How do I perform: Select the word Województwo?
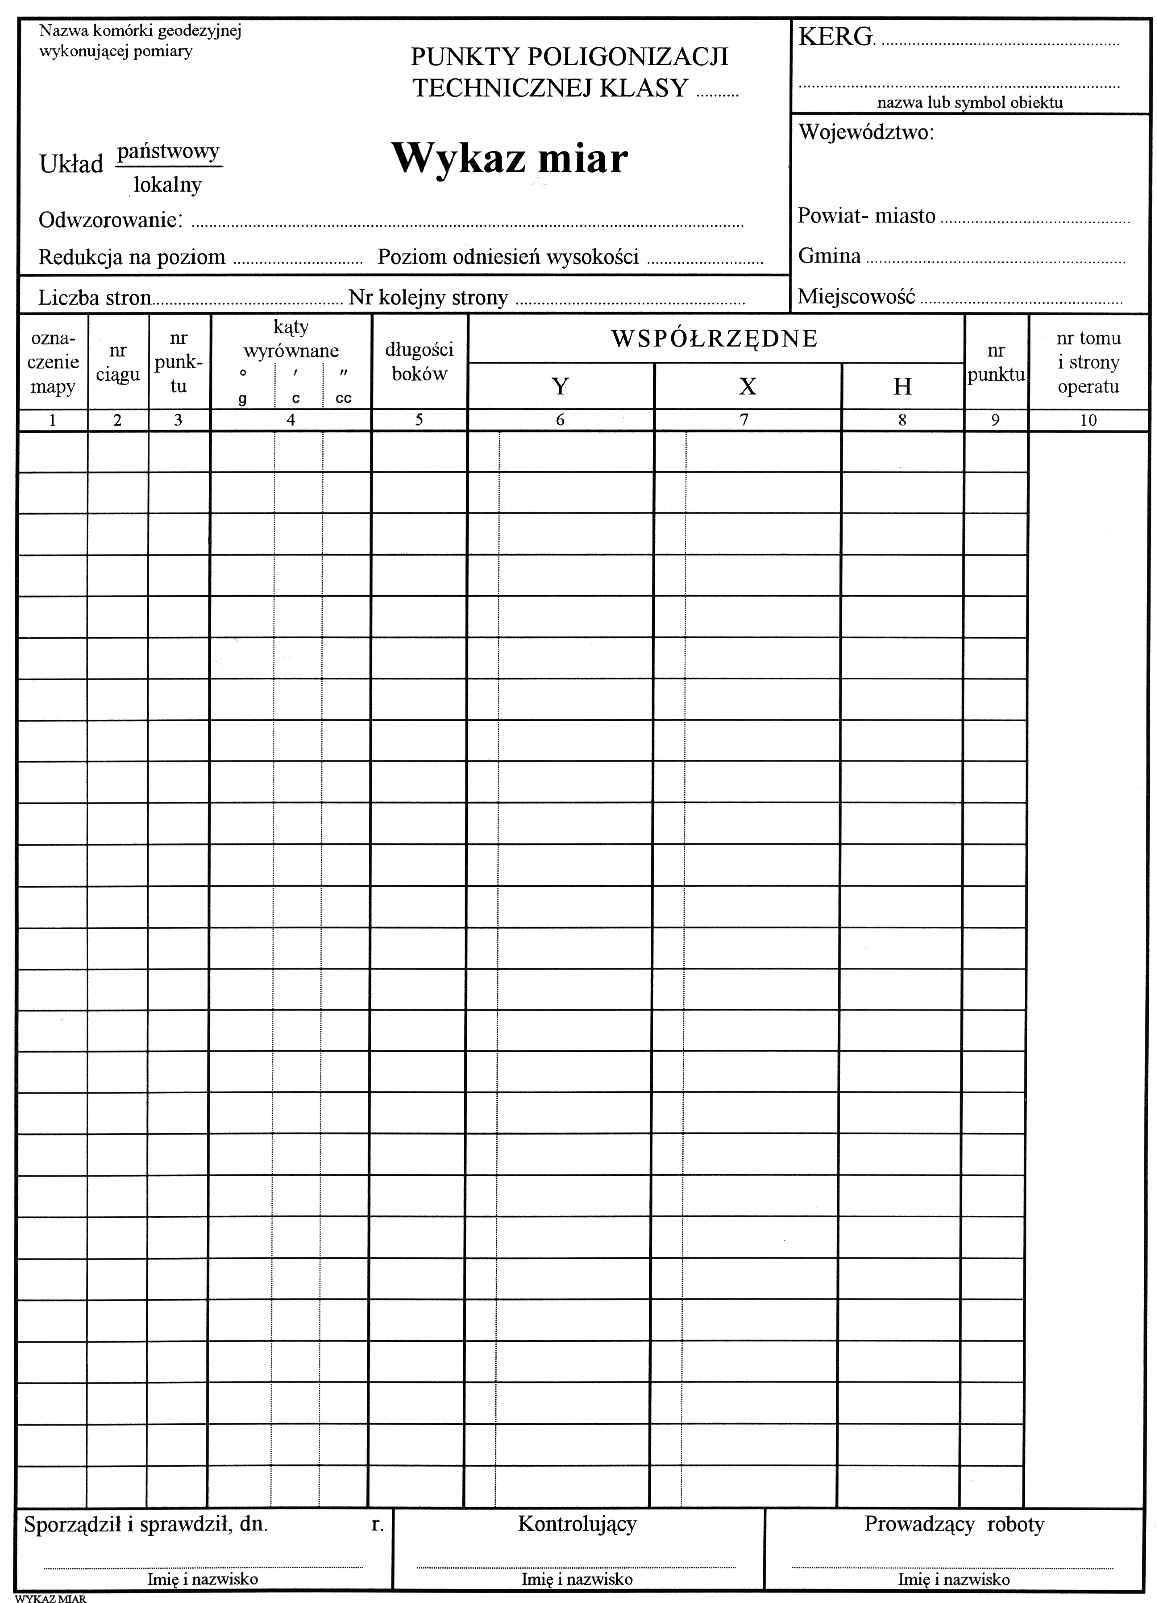pos(865,132)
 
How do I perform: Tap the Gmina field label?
pos(829,256)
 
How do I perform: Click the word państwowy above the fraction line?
pos(168,151)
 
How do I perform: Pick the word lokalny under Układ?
pos(168,185)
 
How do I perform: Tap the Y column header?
pos(560,386)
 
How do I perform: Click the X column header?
pos(747,386)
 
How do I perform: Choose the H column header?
pos(902,386)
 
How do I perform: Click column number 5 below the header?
pos(419,420)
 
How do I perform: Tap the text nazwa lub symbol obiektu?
pos(970,102)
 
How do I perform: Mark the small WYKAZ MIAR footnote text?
pos(51,1597)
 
